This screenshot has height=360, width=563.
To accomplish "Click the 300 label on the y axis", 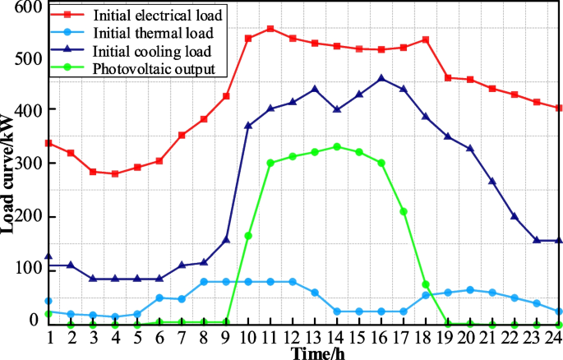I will [27, 164].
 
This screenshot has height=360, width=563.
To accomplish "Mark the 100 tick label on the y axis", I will [27, 269].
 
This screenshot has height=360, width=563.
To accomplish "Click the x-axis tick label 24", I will [558, 338].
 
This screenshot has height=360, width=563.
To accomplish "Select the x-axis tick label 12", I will [293, 338].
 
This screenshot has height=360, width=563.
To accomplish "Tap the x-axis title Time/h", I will [315, 353].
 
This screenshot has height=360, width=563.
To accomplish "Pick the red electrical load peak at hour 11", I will [270, 29].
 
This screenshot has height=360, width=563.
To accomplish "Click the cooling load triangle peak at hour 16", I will [381, 79].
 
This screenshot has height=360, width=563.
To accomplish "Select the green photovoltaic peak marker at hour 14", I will [337, 147].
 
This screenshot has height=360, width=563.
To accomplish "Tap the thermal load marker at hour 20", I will [470, 290].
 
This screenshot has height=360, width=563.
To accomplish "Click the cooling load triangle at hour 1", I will [48, 257].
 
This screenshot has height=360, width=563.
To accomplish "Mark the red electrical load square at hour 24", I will [559, 108].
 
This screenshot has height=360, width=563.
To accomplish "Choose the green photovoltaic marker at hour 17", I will [404, 212].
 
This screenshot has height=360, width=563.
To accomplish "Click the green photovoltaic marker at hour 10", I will [248, 236].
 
